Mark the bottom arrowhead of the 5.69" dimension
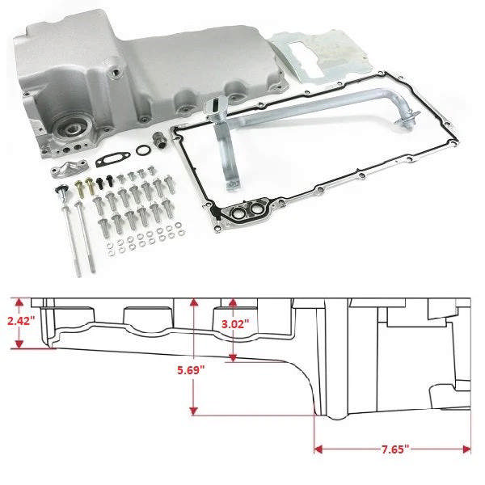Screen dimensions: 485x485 point(193,411)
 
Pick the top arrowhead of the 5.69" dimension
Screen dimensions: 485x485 point(193,299)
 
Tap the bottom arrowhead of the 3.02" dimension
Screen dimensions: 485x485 point(234,356)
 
